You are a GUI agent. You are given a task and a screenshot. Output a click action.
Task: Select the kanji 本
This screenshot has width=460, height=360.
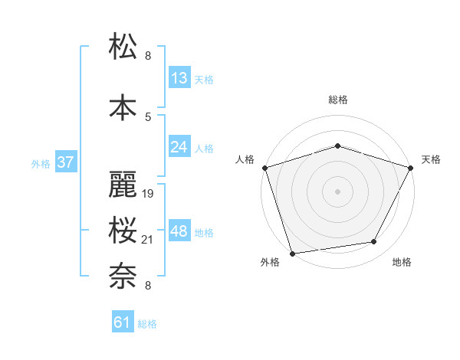point(123,106)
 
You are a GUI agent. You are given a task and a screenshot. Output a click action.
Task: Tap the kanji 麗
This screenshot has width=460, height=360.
point(123,183)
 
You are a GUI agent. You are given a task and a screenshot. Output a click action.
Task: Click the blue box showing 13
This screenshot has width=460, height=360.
point(179,78)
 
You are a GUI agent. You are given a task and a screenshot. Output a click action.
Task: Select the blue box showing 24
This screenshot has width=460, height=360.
point(179,147)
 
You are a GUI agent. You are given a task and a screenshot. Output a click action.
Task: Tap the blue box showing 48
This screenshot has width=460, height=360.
point(179,231)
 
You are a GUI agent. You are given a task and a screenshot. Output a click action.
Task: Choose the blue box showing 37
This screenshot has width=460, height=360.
point(66,162)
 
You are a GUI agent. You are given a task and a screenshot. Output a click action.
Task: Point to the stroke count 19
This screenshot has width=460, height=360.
point(149,194)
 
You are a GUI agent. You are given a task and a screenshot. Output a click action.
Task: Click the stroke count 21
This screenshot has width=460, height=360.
point(149,240)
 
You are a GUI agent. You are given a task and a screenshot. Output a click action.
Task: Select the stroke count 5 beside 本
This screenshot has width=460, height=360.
point(148,116)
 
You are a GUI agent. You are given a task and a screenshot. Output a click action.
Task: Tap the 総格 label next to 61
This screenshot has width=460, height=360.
point(147,324)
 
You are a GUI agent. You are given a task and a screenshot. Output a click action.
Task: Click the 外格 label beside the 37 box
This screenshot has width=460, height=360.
point(41,163)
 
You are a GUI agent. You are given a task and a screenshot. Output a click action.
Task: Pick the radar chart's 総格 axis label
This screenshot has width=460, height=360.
point(337,100)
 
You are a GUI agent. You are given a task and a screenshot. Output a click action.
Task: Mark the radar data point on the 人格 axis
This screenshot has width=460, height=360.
point(264,168)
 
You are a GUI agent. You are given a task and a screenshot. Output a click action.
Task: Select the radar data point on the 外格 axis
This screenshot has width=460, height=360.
point(292,253)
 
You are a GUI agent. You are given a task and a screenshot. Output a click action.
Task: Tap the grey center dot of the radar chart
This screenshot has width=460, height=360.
point(337,191)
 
